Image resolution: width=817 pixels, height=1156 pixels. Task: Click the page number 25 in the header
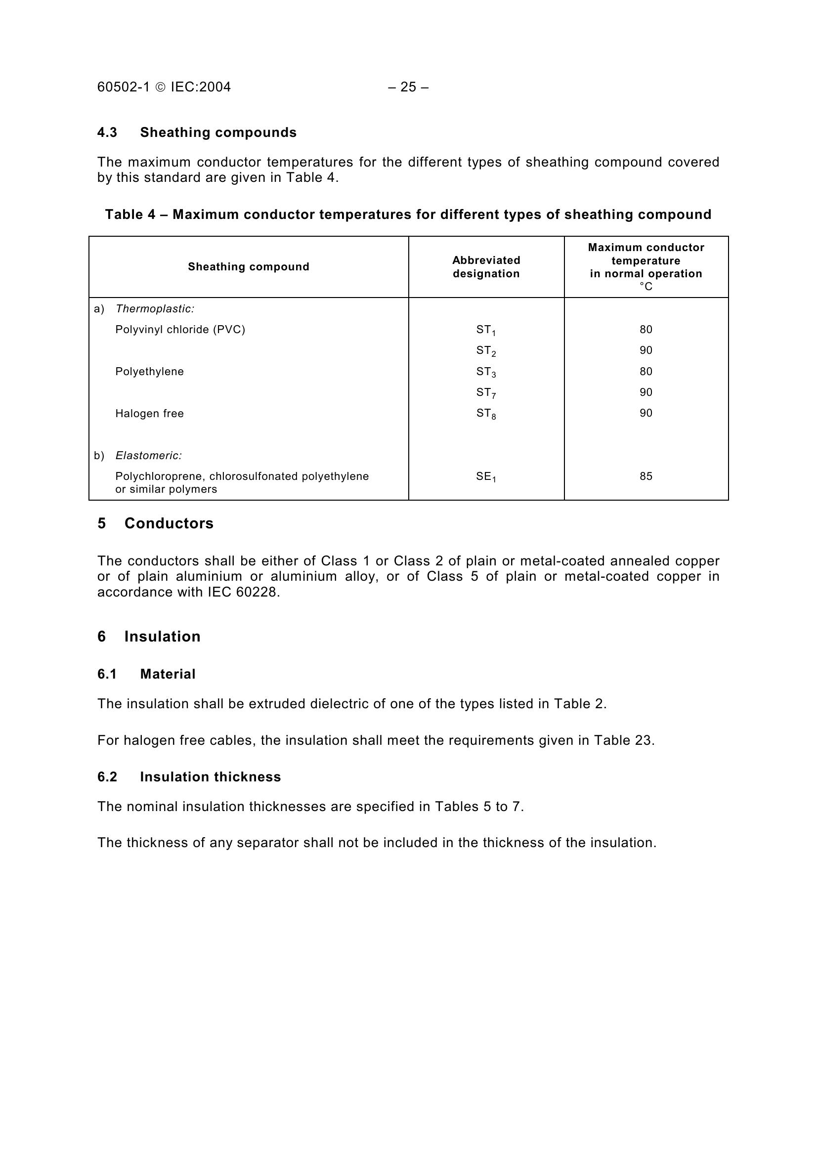pos(408,87)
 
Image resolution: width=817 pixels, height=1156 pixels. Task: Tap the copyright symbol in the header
pos(160,87)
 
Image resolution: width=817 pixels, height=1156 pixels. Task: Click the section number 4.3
pos(107,132)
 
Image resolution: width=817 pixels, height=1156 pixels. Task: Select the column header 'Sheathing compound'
pos(249,267)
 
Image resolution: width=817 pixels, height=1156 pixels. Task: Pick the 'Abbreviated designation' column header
pos(486,267)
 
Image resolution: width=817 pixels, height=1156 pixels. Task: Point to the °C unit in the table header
pos(646,287)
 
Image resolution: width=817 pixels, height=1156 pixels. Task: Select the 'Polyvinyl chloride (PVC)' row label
pos(180,330)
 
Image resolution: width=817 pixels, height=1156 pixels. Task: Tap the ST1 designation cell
pos(486,330)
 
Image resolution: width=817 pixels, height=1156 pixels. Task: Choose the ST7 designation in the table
pos(486,393)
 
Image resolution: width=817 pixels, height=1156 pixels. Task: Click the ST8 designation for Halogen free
pos(486,414)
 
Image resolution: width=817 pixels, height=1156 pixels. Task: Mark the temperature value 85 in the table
pos(646,476)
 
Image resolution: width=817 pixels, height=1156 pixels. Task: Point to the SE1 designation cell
pos(486,477)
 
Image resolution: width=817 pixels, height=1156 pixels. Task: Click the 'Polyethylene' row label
pos(149,372)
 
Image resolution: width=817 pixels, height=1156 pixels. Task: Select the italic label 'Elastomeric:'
pos(148,456)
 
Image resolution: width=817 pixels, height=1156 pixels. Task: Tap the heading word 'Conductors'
pos(169,523)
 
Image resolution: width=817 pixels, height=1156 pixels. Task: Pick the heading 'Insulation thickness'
pos(211,777)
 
